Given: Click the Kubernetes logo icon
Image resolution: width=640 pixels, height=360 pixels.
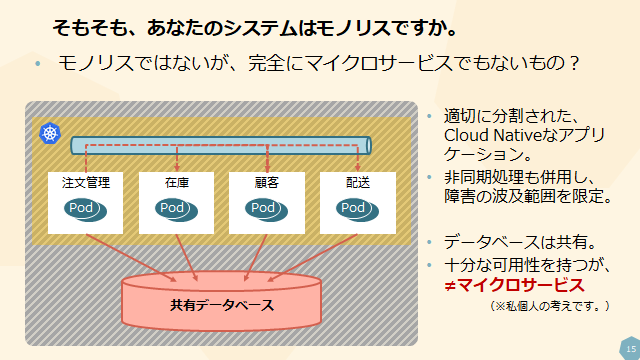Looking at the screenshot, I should (49, 133).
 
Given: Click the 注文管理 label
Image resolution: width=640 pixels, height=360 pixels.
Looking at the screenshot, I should (86, 183).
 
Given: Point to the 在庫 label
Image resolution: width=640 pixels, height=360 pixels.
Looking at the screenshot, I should (177, 183).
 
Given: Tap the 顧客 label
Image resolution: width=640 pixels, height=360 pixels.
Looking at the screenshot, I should (267, 183).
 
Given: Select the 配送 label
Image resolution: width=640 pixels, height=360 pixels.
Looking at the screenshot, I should (357, 183).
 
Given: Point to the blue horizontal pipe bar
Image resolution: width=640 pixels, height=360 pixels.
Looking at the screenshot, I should (220, 145).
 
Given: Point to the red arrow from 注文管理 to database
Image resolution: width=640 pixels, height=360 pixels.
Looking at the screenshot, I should (130, 255).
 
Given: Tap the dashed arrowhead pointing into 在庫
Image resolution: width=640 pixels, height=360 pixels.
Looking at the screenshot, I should (177, 166).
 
